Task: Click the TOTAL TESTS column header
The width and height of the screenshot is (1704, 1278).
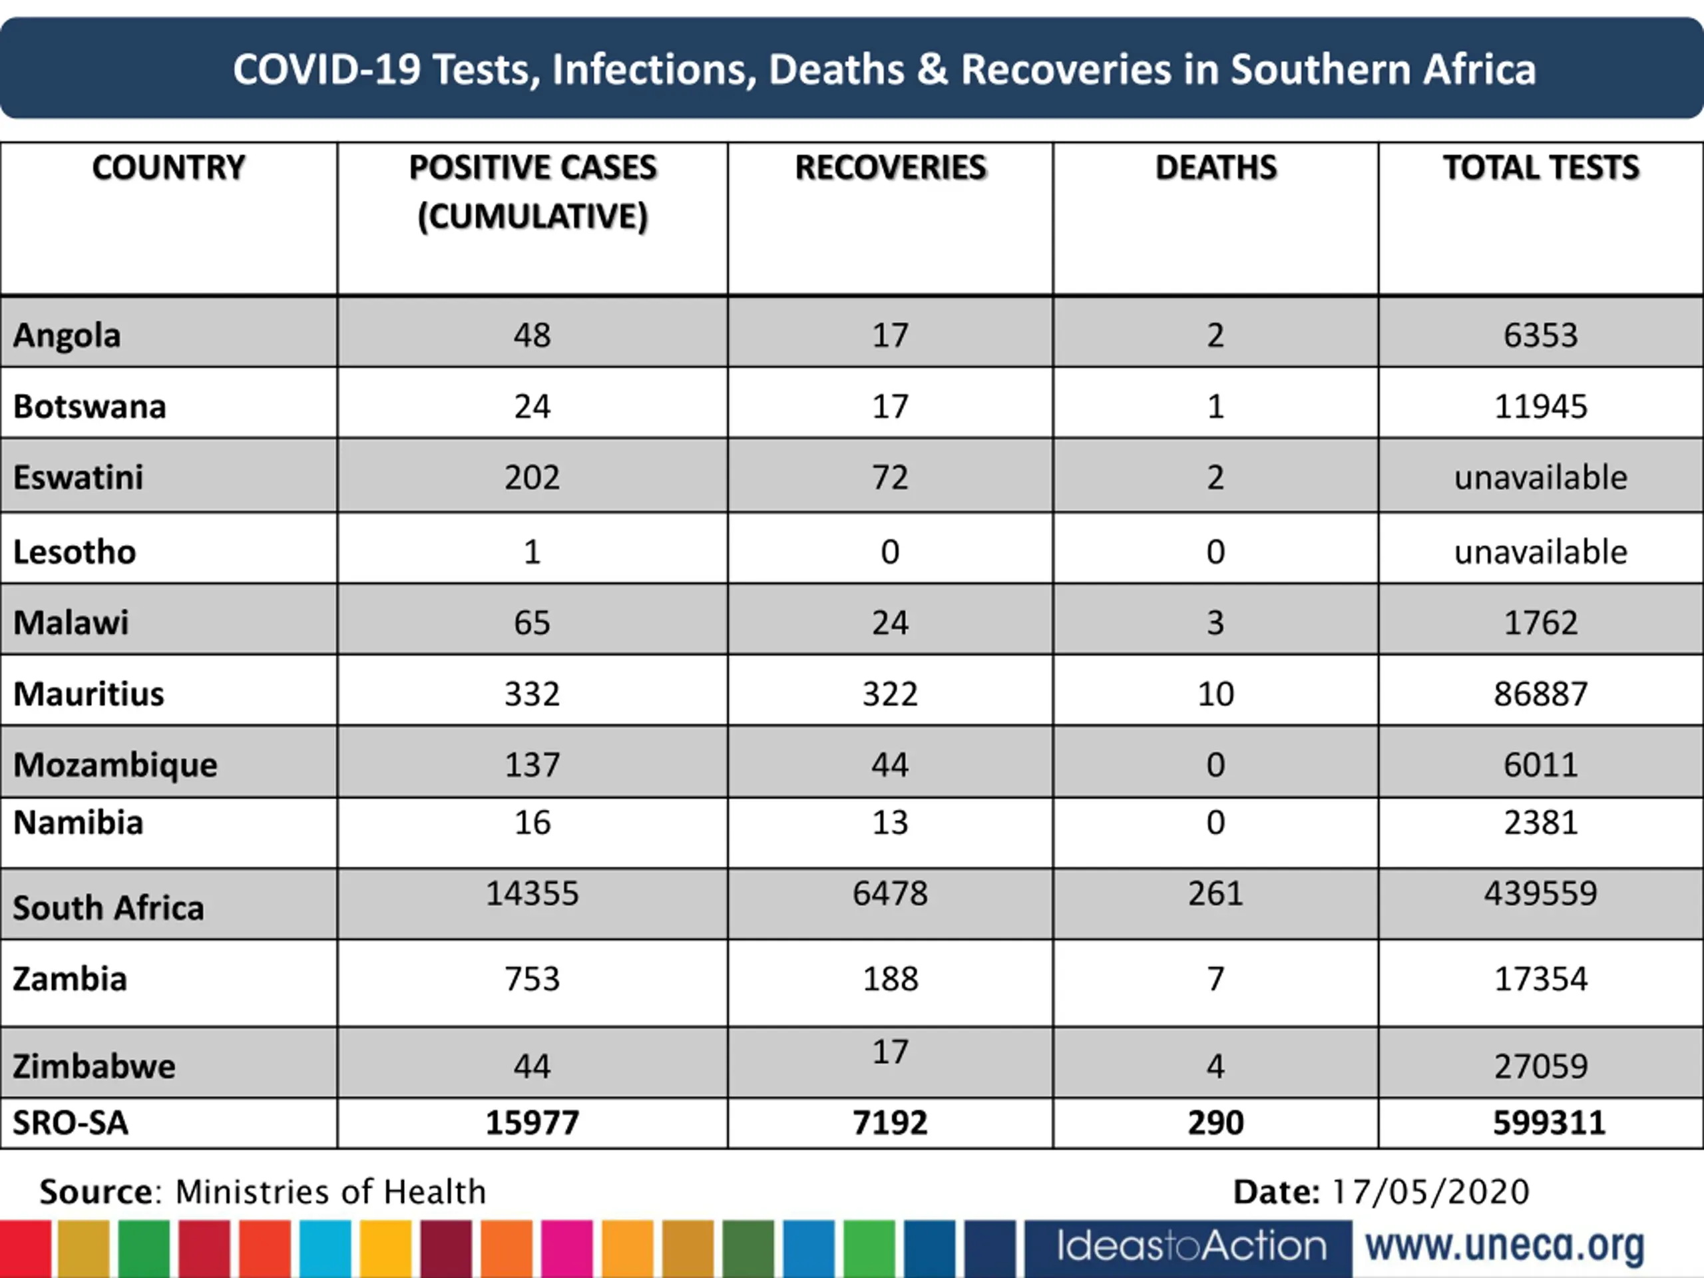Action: coord(1541,168)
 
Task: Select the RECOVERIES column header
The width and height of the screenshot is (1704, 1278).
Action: coord(890,168)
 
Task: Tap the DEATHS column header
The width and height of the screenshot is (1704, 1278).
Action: coord(1215,168)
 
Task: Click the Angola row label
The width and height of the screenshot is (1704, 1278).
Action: coord(67,335)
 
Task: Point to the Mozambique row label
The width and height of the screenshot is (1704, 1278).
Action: coord(116,764)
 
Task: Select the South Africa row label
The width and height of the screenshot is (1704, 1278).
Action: coord(108,907)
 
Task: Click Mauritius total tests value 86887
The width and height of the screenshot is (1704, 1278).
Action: coord(1541,694)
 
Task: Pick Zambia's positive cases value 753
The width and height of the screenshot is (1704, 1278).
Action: coord(532,978)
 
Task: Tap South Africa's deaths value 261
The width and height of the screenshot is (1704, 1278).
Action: coord(1215,893)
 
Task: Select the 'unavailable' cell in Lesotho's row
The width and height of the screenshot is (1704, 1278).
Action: coord(1541,552)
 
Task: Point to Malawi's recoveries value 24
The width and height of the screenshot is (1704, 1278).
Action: coord(890,622)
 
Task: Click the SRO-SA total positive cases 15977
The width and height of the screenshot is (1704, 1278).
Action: coord(532,1122)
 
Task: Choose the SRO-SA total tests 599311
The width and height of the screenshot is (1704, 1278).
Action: coord(1548,1122)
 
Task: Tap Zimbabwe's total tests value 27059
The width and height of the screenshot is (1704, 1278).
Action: coord(1541,1066)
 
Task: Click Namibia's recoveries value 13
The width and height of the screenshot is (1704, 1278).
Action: coord(890,823)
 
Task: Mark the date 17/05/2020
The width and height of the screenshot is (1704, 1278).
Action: coord(1430,1191)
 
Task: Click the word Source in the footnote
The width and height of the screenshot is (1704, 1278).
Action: coord(97,1191)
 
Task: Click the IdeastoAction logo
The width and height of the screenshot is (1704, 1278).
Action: coord(1191,1245)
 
